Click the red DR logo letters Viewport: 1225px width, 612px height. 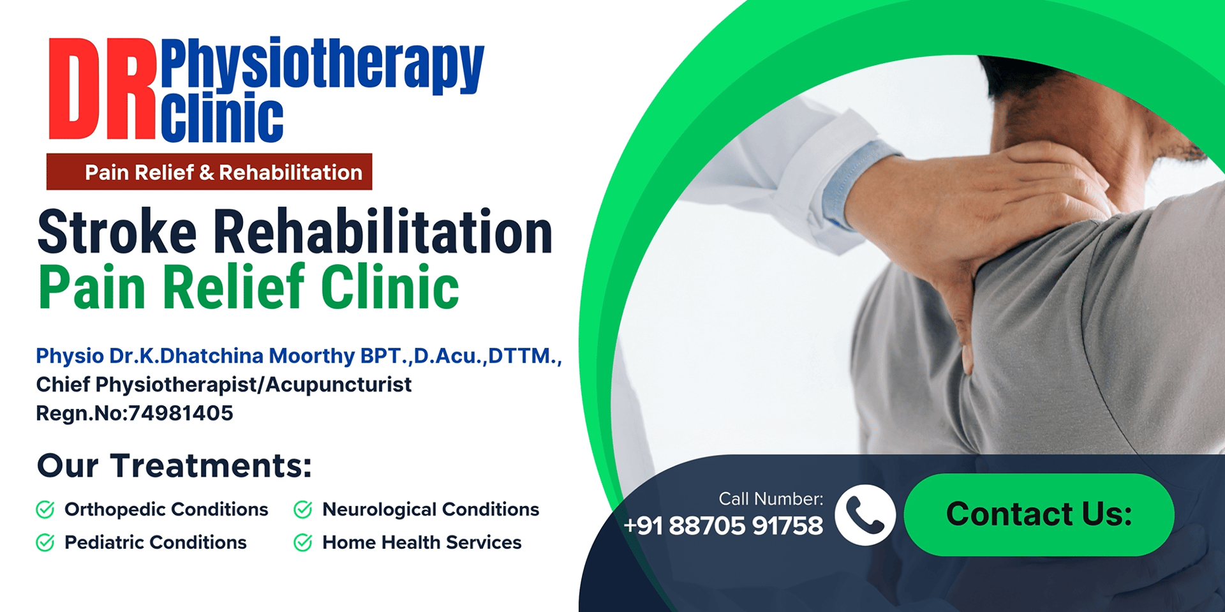tap(102, 88)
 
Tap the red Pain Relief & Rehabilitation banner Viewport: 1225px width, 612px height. tap(209, 172)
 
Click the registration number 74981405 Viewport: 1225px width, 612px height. tap(181, 414)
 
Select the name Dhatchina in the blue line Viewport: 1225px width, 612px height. tap(211, 355)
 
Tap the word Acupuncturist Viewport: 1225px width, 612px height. tap(338, 385)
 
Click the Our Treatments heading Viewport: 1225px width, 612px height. tap(174, 465)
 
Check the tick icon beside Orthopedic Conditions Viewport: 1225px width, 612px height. tap(45, 509)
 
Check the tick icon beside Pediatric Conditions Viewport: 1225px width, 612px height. tap(45, 542)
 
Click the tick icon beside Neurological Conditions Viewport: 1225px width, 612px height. tap(303, 509)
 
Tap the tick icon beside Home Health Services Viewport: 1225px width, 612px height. tap(303, 542)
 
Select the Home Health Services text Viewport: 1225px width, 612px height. tap(422, 542)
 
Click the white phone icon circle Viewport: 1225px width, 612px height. tap(865, 515)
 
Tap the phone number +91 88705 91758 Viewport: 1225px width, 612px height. tap(723, 526)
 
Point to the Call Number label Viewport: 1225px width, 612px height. tap(771, 498)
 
